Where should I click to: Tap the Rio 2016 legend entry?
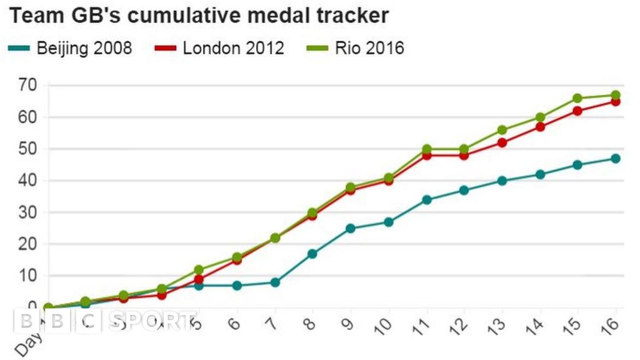click(356, 48)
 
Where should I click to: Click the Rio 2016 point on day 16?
click(616, 95)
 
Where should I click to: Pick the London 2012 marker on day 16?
click(616, 101)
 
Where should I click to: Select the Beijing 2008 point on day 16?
click(616, 159)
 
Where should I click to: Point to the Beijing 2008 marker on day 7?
click(274, 282)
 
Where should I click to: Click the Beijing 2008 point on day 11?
click(426, 200)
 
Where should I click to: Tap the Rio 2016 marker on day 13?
click(502, 130)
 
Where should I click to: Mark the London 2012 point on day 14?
click(540, 127)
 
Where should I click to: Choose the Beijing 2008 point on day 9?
click(350, 229)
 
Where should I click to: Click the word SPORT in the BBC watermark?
click(152, 321)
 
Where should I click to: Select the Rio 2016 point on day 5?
click(199, 270)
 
